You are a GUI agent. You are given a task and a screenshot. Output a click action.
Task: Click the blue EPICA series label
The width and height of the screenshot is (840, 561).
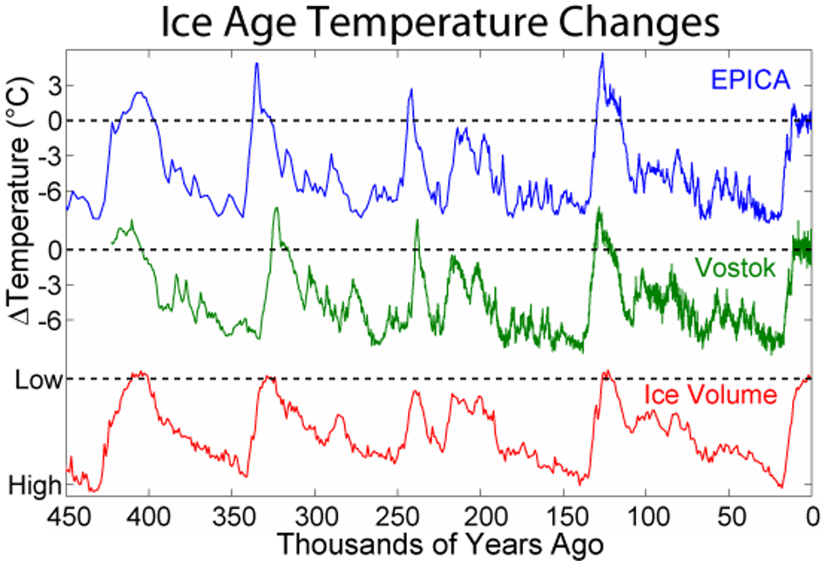(749, 81)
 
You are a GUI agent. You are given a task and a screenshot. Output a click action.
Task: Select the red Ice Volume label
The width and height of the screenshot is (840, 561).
(710, 395)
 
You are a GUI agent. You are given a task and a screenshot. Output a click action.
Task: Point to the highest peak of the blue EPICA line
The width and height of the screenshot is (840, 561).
(601, 55)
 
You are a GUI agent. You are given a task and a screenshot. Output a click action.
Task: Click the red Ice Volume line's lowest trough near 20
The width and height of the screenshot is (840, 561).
(782, 487)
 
